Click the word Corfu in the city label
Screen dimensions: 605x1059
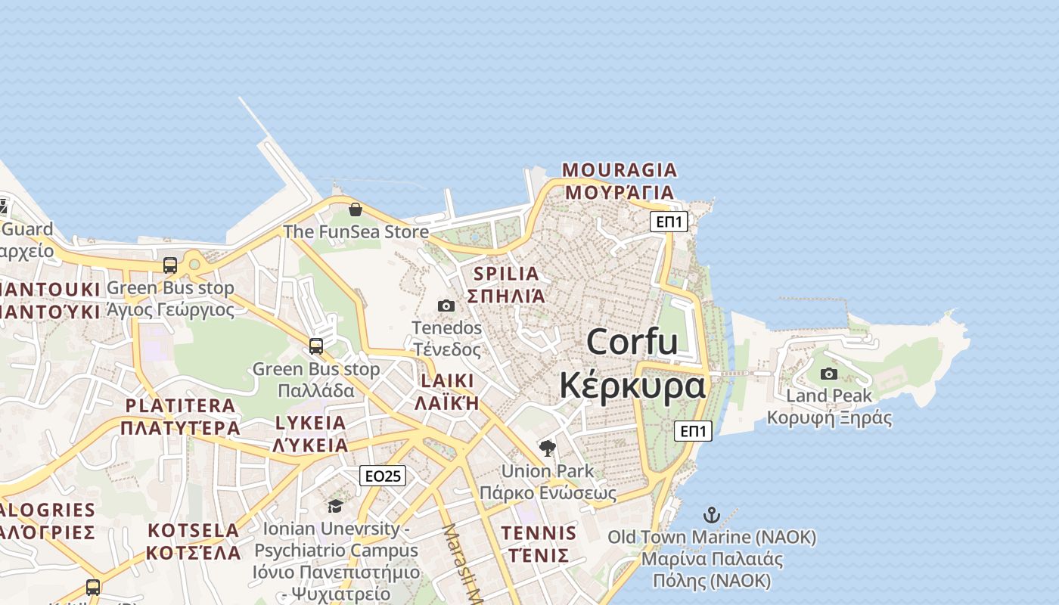point(632,342)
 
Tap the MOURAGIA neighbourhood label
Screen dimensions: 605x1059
point(620,170)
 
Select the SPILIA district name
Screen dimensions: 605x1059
point(506,274)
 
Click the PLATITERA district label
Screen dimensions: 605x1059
point(180,406)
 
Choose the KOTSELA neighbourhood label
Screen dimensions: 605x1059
point(193,530)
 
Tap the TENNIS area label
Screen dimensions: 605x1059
point(539,533)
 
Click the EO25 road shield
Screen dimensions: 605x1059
point(382,476)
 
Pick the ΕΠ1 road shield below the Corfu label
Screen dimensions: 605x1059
point(693,431)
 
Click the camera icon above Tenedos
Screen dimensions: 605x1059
point(446,306)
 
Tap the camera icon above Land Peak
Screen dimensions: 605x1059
point(829,374)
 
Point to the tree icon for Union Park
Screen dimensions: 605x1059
point(548,448)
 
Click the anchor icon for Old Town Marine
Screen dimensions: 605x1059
point(711,516)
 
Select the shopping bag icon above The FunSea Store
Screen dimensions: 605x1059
point(356,209)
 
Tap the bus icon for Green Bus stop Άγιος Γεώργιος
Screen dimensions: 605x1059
point(170,265)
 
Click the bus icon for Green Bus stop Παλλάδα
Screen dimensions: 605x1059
point(316,346)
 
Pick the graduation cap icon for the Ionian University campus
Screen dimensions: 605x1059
point(335,506)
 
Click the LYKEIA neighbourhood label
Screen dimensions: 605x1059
point(311,423)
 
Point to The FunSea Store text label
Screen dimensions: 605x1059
point(356,231)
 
